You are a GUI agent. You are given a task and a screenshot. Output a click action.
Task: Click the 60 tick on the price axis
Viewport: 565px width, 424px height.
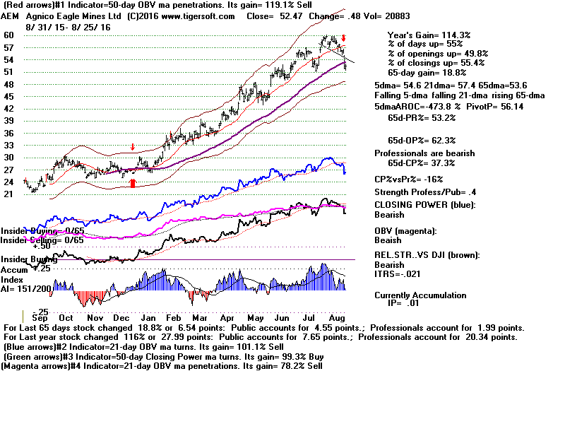point(9,35)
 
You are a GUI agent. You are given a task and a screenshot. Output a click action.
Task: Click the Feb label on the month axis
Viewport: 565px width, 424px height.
point(175,319)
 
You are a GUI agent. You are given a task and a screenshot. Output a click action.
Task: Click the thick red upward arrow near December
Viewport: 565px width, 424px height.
point(132,183)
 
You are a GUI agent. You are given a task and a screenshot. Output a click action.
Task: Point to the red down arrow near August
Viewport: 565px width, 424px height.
point(343,38)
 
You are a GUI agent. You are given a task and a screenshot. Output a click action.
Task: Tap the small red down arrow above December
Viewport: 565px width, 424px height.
point(132,147)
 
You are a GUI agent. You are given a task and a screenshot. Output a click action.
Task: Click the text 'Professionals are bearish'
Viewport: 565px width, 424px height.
point(434,153)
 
